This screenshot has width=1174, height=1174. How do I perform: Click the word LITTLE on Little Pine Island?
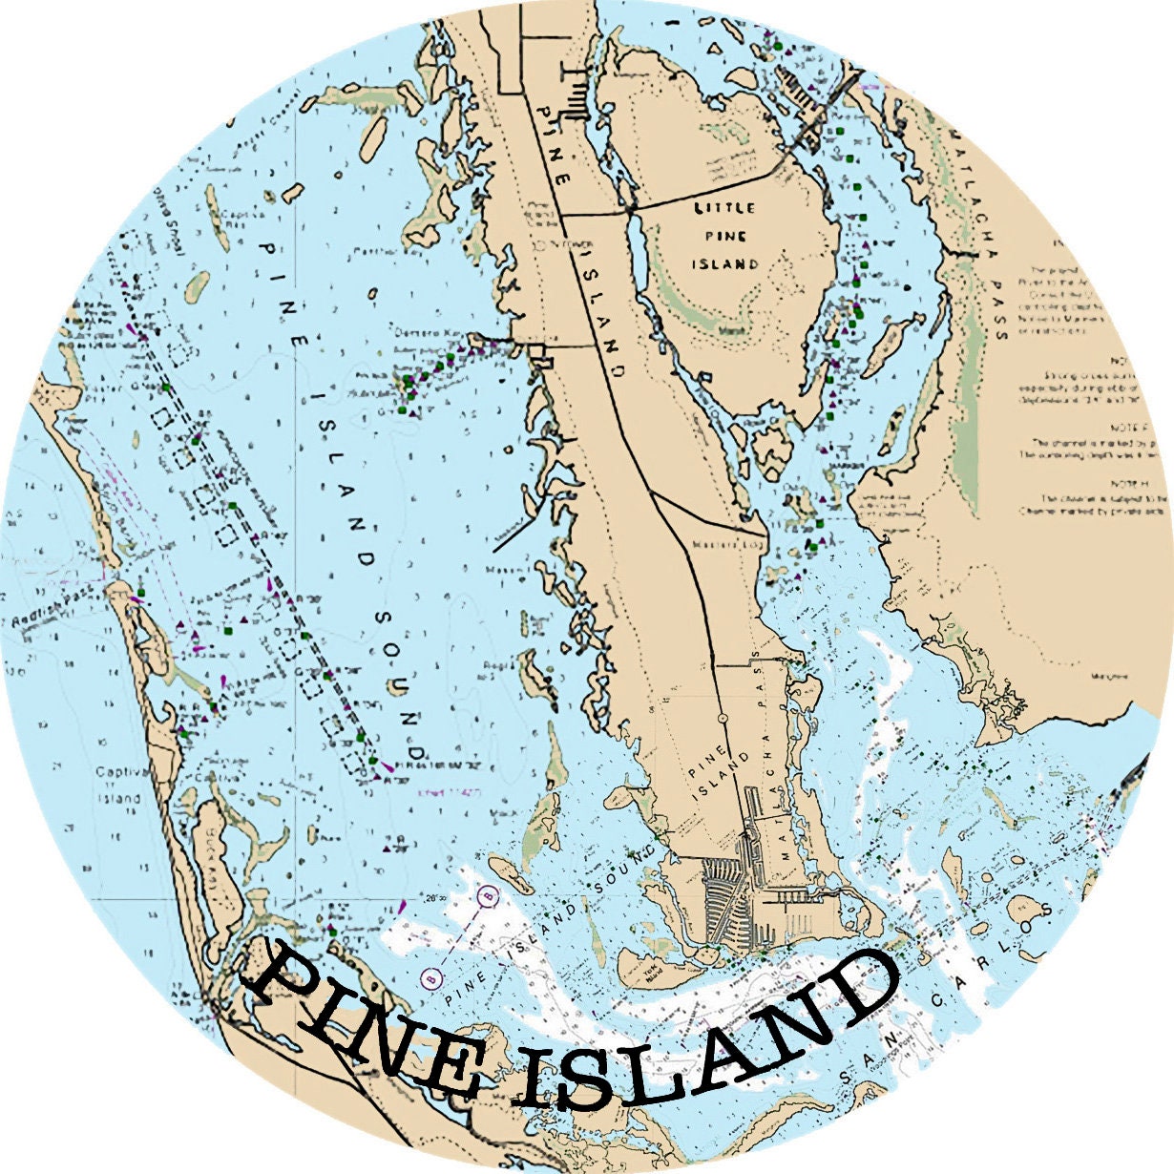point(724,207)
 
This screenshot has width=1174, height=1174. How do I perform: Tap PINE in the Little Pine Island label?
point(725,236)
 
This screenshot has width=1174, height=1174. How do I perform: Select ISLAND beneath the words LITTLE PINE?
point(725,264)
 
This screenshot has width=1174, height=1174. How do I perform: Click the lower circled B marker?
point(430,977)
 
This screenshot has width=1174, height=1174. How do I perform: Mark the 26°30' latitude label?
point(438,898)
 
